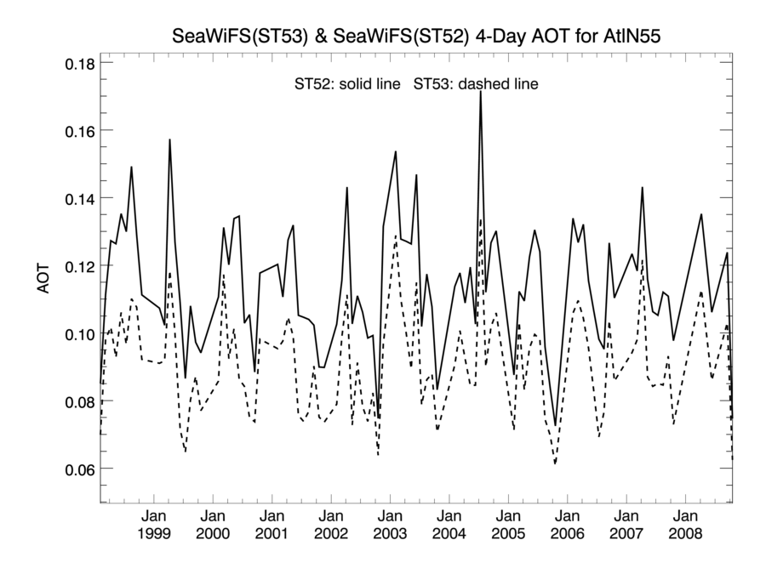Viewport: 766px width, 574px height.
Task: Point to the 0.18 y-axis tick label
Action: point(80,64)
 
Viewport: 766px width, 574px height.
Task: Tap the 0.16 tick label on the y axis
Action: point(80,131)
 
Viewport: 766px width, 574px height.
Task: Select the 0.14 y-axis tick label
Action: point(80,198)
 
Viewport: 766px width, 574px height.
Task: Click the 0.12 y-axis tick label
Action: point(80,266)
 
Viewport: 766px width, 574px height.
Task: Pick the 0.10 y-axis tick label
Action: point(80,333)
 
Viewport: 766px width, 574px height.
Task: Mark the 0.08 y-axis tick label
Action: point(80,401)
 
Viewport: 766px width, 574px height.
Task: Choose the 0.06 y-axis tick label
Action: point(80,469)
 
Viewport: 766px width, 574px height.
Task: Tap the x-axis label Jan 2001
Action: point(272,525)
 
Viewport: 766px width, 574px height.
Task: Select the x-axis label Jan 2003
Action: point(390,525)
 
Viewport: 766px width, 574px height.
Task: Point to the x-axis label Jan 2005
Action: point(508,525)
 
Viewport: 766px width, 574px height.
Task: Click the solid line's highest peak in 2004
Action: point(481,92)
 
